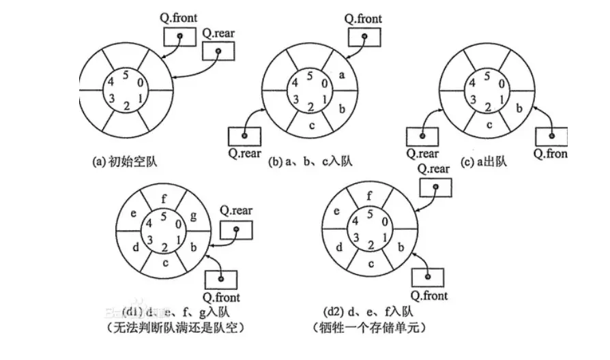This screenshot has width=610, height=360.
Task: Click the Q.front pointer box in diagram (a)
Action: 178,35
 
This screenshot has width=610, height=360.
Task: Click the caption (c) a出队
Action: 487,162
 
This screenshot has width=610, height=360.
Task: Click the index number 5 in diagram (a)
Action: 125,75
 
